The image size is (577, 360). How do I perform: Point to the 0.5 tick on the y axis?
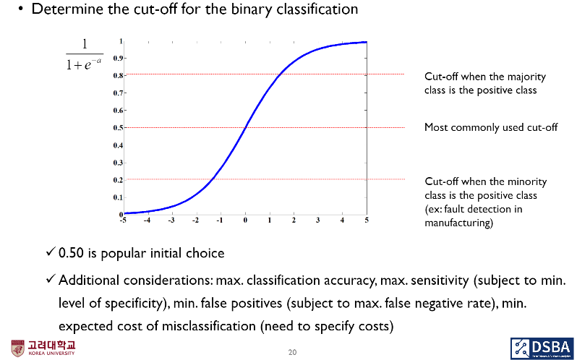click(x=119, y=127)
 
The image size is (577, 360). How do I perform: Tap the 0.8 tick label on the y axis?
click(x=119, y=75)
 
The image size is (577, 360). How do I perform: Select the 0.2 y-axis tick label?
click(x=119, y=180)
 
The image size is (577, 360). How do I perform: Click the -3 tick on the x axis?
click(x=171, y=220)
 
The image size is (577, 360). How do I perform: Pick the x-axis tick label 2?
click(x=294, y=220)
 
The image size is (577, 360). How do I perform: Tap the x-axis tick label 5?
click(x=367, y=220)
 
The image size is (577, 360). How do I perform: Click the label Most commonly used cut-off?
click(x=491, y=127)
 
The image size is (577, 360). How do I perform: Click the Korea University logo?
click(x=43, y=348)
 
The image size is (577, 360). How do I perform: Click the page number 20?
click(x=292, y=352)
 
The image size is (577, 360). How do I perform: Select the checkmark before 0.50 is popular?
click(x=51, y=253)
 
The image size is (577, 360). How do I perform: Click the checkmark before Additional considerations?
click(x=51, y=280)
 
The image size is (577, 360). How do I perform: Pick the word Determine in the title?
click(x=64, y=10)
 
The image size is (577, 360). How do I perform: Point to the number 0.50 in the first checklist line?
click(x=74, y=253)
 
